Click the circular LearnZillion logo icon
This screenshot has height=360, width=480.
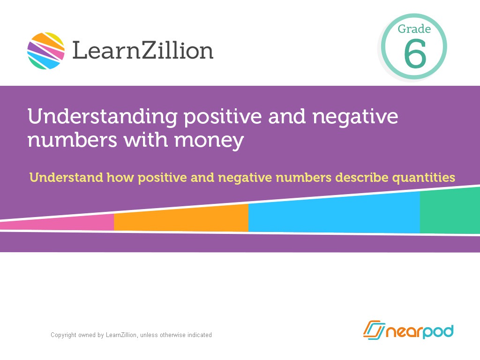click(x=45, y=51)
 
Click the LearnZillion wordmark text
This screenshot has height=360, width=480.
click(x=142, y=50)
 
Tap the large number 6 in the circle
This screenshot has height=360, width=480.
click(x=415, y=54)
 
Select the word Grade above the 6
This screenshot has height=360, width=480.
click(x=414, y=29)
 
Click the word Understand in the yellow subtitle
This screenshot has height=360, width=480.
click(x=66, y=178)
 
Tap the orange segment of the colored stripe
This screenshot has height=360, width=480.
click(x=181, y=218)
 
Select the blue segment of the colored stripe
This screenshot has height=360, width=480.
click(x=334, y=214)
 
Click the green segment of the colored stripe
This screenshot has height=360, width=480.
click(x=450, y=211)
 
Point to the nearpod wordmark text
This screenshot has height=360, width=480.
click(x=420, y=331)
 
